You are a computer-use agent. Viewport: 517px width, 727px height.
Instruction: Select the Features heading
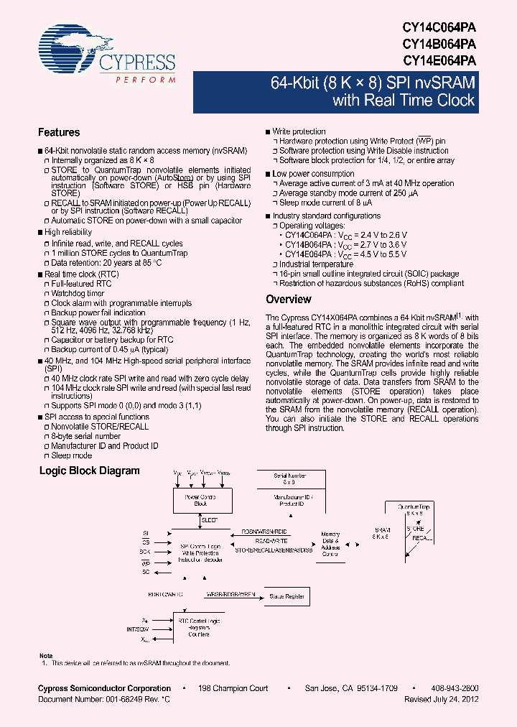point(59,133)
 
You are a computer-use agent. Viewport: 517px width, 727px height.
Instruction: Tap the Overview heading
point(289,300)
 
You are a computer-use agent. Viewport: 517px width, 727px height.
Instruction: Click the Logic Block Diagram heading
point(89,471)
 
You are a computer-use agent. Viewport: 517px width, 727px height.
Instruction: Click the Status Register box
point(287,596)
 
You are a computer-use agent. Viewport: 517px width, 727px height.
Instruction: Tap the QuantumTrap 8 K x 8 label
point(413,510)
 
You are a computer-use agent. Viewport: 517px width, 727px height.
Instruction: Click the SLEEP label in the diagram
point(210,519)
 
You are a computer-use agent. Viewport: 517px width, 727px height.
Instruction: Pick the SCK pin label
point(145,552)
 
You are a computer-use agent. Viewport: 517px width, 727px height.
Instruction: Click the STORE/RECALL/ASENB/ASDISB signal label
point(274,550)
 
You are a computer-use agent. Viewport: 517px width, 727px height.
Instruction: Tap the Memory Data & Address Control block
point(330,544)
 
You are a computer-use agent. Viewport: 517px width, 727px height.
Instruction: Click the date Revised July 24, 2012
point(441,699)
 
